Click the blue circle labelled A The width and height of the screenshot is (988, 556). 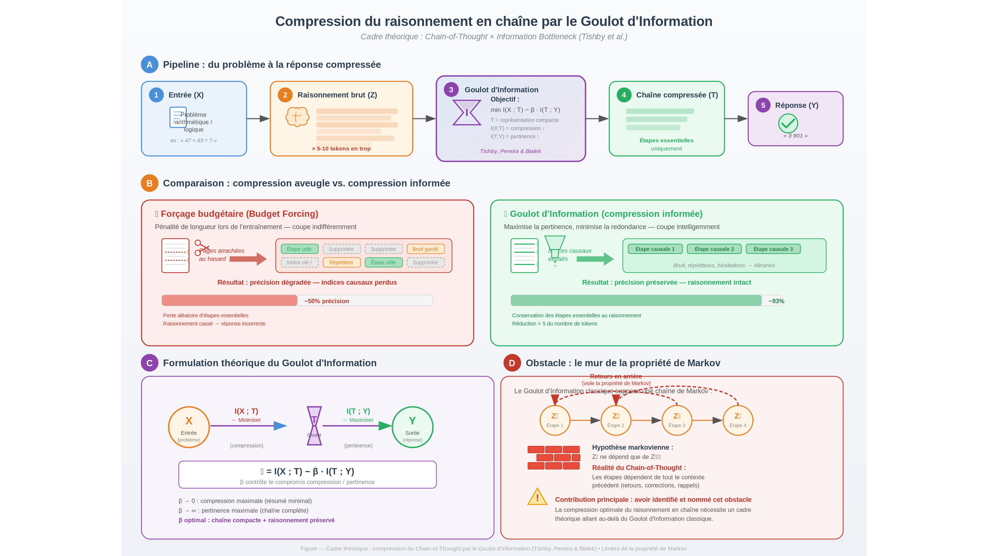tap(149, 64)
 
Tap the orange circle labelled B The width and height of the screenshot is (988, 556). tap(149, 183)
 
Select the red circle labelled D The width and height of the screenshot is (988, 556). tap(512, 363)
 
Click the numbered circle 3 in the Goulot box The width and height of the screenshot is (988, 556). tap(451, 89)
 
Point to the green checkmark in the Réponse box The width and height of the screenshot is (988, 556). tap(788, 123)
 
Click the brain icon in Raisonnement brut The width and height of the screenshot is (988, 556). tap(297, 117)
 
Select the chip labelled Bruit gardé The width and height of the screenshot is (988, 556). tap(425, 249)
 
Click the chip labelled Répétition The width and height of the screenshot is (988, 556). tap(341, 262)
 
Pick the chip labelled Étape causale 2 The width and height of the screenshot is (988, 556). tap(714, 249)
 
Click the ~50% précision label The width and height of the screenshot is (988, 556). tap(326, 301)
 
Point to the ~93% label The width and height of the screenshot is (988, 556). tap(776, 301)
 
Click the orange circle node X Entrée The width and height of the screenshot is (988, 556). tap(189, 427)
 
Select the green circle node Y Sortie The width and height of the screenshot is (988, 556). tap(412, 427)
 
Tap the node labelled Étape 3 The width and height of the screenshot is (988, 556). tap(677, 420)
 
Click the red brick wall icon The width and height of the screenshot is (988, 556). tap(553, 457)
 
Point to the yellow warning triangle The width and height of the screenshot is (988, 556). tap(537, 497)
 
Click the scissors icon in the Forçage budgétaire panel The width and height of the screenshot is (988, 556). tap(201, 248)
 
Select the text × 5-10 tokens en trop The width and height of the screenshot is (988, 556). tap(341, 149)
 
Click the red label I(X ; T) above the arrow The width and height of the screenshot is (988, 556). tap(246, 411)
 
